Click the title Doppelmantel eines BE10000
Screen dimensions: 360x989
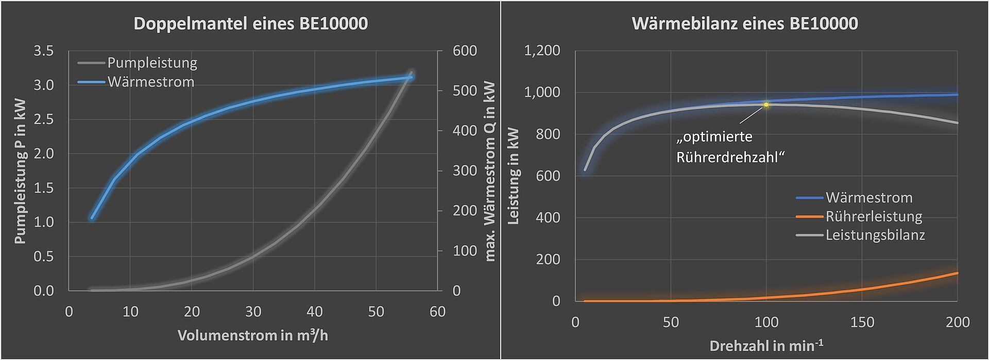tap(250, 24)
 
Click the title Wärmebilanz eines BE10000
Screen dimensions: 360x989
tap(744, 24)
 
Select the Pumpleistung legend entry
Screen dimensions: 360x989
tap(152, 63)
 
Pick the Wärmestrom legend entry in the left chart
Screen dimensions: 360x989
tap(150, 82)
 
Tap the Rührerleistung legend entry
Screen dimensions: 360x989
tap(874, 216)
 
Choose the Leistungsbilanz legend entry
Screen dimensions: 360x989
tap(875, 235)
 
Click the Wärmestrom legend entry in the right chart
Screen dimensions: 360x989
tap(868, 198)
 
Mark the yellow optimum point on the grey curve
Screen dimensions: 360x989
tap(766, 105)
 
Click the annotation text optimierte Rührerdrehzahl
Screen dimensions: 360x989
tap(729, 147)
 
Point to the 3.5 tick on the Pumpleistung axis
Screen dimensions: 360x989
tap(43, 51)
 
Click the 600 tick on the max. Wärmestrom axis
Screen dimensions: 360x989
tap(464, 51)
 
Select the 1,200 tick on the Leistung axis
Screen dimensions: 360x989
tap(542, 50)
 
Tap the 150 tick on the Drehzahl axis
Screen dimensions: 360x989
tap(862, 322)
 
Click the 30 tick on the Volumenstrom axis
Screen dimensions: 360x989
tap(253, 312)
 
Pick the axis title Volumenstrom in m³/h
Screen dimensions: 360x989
tap(252, 336)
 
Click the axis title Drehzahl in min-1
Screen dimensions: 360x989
tap(766, 346)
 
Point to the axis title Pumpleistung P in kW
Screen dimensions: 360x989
tap(20, 170)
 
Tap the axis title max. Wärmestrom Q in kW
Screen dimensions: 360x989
tap(490, 171)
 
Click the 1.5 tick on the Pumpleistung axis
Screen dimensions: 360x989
tap(43, 188)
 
